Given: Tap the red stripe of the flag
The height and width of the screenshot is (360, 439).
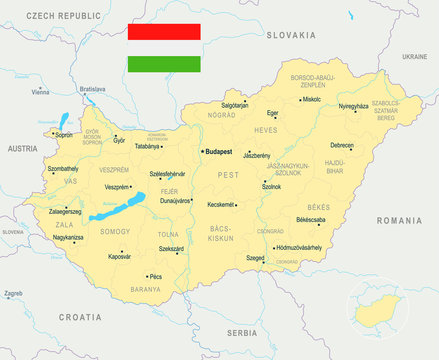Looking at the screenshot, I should coord(164,32).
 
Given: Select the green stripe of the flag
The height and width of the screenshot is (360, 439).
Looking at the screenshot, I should coord(164,65).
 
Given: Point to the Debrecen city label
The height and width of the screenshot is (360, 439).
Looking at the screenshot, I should coord(370,145).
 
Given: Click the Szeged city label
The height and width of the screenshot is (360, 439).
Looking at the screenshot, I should coord(256,257).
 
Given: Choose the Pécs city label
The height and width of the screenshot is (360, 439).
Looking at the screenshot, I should coord(155,275).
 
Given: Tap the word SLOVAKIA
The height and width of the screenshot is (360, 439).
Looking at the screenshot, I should coord(291,35).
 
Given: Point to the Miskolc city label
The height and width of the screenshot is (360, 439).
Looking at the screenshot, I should coord(312,99).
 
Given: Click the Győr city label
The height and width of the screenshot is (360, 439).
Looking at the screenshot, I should coord(120,141).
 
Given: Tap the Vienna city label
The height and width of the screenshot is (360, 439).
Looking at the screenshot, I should coord(40,91).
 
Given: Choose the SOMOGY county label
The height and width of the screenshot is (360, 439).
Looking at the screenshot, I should coord(115,231).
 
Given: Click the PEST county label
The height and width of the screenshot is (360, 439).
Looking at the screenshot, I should coord(229,174).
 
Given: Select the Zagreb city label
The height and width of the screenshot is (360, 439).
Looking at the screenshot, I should coord(14,294).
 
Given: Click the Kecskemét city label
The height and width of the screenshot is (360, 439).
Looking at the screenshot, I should coord(221,204).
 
